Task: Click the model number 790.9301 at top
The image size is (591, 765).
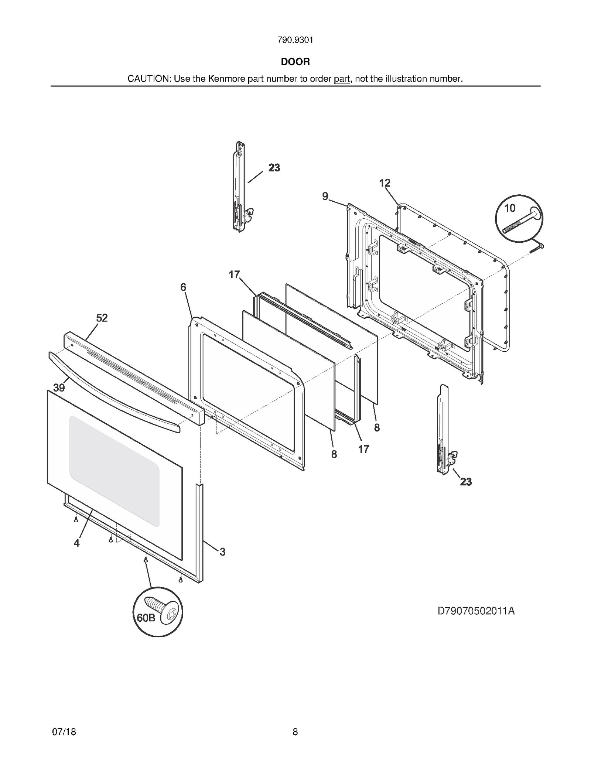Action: tap(295, 40)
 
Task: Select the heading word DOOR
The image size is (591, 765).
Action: tap(295, 62)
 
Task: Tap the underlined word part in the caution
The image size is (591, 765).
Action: tap(342, 79)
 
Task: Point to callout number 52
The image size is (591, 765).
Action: tap(102, 318)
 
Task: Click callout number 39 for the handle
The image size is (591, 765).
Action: tap(59, 387)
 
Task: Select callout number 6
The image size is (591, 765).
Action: tap(183, 287)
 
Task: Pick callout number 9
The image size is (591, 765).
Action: tap(325, 196)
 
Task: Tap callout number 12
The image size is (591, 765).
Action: tap(385, 183)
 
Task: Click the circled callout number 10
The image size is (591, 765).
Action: tap(510, 208)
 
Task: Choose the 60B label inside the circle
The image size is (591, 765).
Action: tap(146, 618)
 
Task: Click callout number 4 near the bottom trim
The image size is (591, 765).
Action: tap(76, 543)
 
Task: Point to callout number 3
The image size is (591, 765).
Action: tap(222, 552)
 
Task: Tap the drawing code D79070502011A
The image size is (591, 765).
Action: tap(476, 611)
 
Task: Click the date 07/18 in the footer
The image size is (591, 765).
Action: tap(64, 732)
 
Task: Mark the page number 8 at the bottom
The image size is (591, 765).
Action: tap(295, 732)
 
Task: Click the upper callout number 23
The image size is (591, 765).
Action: tap(274, 168)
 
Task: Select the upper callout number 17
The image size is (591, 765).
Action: tap(235, 274)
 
